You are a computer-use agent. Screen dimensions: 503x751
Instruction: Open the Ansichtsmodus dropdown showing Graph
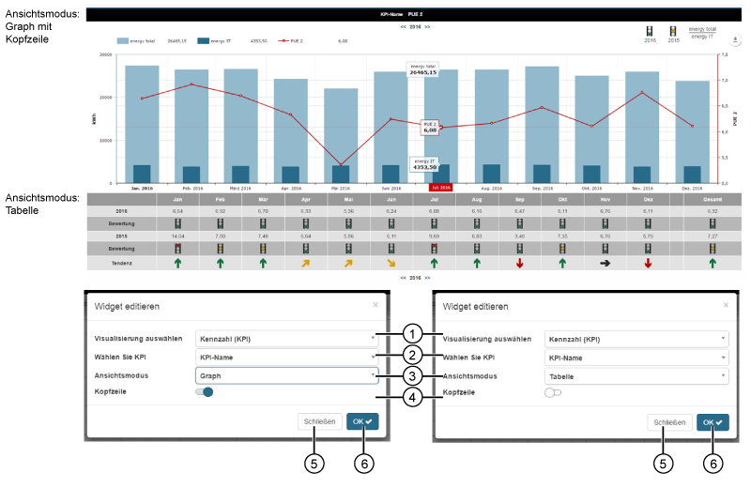[x=286, y=375]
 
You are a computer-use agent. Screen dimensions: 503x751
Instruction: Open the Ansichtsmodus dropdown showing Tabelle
[x=636, y=375]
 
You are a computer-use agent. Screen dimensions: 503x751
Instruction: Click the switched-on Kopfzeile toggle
[x=205, y=392]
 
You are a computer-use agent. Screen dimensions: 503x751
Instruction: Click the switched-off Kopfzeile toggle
[x=553, y=392]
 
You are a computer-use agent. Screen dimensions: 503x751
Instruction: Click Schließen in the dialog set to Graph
[x=320, y=422]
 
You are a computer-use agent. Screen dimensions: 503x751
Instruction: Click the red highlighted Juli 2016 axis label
[x=441, y=189]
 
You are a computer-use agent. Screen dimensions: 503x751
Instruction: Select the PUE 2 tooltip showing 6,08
[x=429, y=127]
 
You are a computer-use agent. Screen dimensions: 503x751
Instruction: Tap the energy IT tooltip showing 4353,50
[x=426, y=164]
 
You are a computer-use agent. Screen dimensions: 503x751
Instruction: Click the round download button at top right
[x=735, y=40]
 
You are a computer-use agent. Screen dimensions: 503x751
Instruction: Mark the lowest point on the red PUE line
[x=341, y=165]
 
